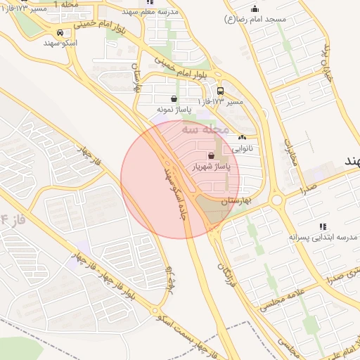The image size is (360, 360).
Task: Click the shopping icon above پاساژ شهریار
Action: (x=211, y=155)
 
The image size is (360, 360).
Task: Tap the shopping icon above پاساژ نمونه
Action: (x=174, y=98)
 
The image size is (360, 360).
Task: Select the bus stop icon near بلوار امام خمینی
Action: (x=221, y=91)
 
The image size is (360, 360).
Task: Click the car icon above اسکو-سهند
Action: (x=60, y=32)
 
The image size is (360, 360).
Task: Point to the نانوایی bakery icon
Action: (x=243, y=138)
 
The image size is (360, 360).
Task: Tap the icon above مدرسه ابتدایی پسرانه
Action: (x=323, y=226)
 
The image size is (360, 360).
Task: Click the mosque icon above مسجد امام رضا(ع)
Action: (x=255, y=8)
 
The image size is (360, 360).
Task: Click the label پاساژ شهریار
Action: (x=211, y=167)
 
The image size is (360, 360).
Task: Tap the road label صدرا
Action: (x=308, y=188)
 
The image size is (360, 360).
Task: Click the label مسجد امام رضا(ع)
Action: (x=255, y=19)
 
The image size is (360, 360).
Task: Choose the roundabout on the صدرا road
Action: (x=278, y=200)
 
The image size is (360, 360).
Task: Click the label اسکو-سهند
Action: (x=60, y=43)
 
